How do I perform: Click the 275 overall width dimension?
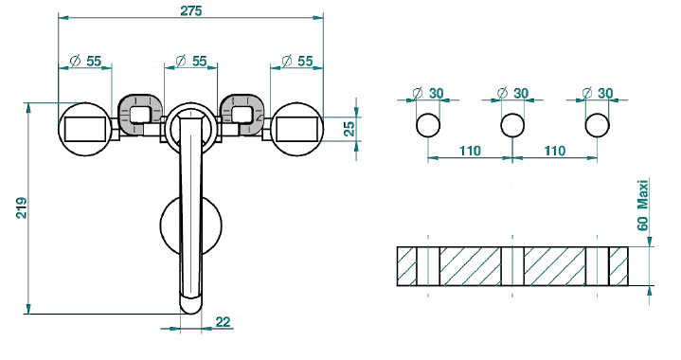point(191,10)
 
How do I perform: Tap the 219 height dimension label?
point(22,208)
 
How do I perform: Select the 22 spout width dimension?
point(223,322)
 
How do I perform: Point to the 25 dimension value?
point(349,129)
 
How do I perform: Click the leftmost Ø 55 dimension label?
point(85,62)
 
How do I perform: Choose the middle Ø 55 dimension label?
point(191,61)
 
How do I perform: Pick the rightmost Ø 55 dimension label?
point(297,61)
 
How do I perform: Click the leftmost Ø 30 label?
point(428,93)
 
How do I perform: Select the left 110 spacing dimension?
point(471,151)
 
